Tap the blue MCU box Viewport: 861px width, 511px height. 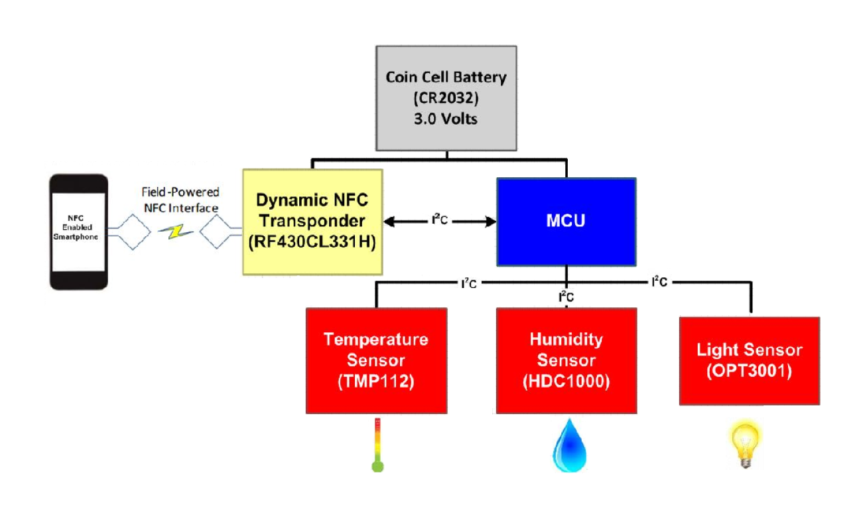click(x=566, y=221)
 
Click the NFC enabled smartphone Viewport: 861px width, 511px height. click(x=79, y=232)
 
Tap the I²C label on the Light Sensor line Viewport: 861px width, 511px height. click(x=658, y=281)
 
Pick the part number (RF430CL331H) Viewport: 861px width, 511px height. click(x=312, y=244)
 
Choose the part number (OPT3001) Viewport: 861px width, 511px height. click(x=749, y=372)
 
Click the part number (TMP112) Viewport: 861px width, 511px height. click(x=375, y=382)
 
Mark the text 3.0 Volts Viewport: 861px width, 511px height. click(x=446, y=120)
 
